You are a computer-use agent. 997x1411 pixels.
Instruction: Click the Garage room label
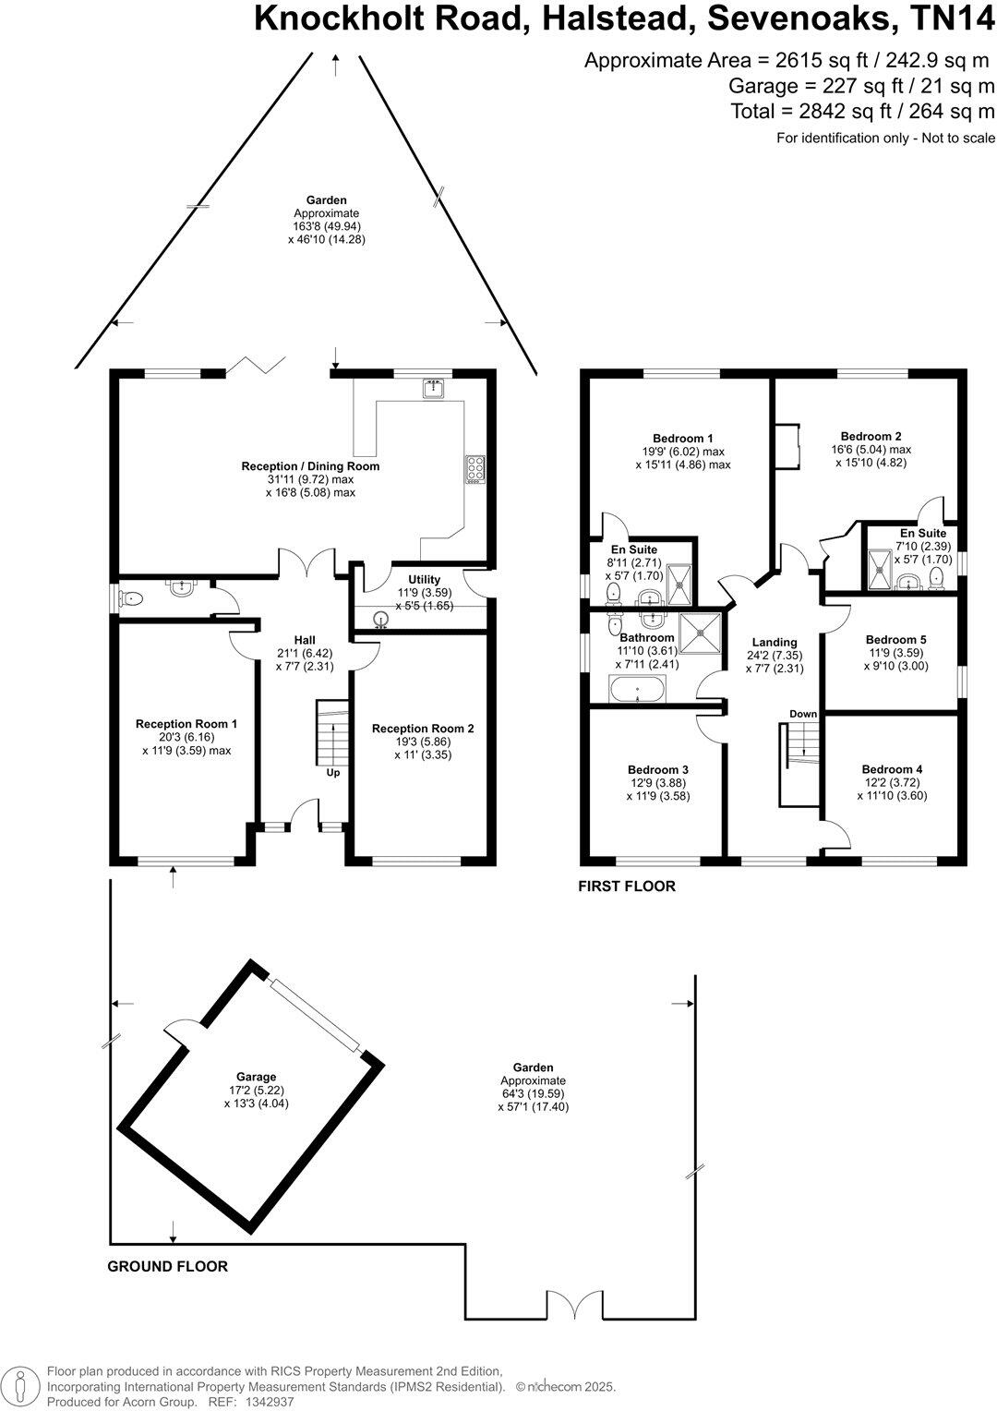(x=256, y=1077)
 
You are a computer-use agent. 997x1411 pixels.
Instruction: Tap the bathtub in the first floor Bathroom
(x=636, y=689)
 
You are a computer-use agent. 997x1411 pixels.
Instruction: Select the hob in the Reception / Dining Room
(x=476, y=470)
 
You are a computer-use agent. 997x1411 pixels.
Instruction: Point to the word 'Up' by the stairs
(x=332, y=772)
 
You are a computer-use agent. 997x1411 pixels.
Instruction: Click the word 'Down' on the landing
(x=803, y=714)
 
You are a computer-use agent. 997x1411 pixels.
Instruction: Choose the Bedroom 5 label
(x=895, y=639)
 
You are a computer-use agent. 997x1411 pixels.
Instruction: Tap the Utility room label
(x=424, y=580)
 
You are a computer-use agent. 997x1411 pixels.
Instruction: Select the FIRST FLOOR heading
(x=627, y=886)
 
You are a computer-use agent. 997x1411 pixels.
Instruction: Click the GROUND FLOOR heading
(x=167, y=1266)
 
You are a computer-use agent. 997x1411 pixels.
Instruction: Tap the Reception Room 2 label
(x=423, y=729)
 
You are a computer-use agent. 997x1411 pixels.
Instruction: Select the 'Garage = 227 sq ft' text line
(x=861, y=87)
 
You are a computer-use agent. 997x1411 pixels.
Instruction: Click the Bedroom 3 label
(x=657, y=769)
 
